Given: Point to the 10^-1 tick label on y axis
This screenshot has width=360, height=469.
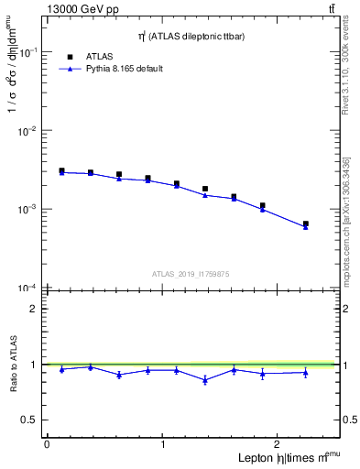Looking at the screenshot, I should point(27,53).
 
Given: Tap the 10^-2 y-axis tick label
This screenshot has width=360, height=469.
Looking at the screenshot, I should point(27,131).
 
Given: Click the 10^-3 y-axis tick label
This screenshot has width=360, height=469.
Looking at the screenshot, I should point(27,210).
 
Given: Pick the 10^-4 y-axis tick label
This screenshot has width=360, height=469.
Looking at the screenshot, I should point(27,288).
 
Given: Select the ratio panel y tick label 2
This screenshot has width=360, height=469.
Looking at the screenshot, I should point(32,309).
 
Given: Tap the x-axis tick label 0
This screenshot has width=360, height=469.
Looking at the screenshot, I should point(47,444).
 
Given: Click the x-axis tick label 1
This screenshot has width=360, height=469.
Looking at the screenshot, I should point(163,444).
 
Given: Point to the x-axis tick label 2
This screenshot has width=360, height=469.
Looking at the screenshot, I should point(278,444).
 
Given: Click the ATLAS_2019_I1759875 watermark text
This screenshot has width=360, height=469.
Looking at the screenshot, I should point(191,273).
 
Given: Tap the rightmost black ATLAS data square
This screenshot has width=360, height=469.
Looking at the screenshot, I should point(306,224).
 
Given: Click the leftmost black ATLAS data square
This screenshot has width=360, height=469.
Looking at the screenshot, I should point(61,170).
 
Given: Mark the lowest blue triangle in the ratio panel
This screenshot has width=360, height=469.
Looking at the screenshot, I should point(205,380).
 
